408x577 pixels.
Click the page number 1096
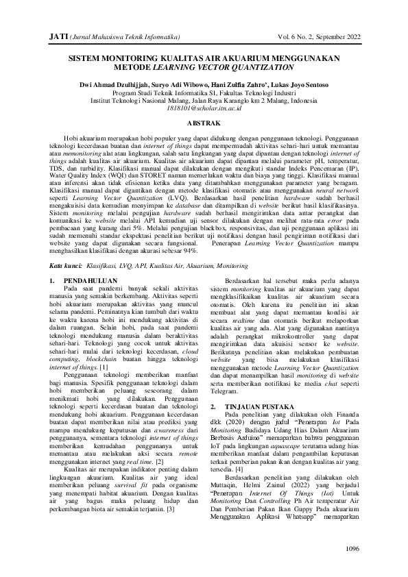[352, 549]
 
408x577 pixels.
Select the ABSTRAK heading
[203, 122]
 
